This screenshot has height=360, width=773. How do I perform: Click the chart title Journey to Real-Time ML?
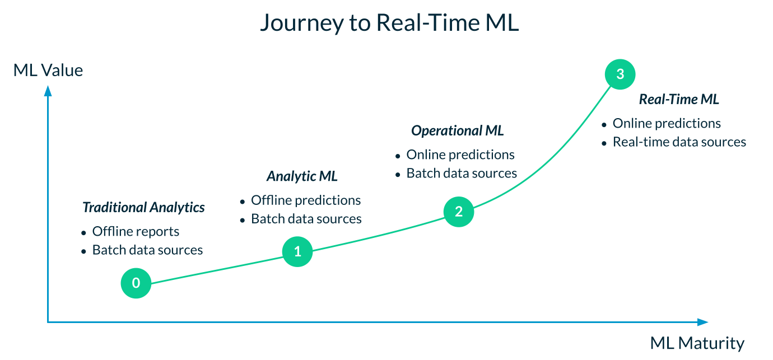click(x=389, y=23)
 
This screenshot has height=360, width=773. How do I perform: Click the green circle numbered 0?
click(x=136, y=283)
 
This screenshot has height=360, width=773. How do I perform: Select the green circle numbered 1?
click(x=297, y=252)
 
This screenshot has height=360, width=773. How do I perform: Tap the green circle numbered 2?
click(x=459, y=212)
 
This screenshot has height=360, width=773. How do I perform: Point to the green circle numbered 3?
click(x=620, y=74)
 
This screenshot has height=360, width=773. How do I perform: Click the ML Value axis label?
click(x=48, y=71)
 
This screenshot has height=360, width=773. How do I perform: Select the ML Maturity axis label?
click(x=697, y=343)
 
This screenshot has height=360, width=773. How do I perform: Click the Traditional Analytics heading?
click(x=143, y=208)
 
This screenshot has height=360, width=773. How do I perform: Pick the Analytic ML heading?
click(x=302, y=176)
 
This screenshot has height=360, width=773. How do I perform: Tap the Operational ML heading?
click(x=457, y=131)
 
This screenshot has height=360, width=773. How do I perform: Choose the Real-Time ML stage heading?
click(x=679, y=100)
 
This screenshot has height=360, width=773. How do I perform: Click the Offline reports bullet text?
click(x=136, y=231)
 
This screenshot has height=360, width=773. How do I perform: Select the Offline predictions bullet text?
click(x=305, y=200)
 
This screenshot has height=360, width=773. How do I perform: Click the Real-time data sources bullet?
click(x=679, y=142)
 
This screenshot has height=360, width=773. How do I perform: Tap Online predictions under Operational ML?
click(x=460, y=155)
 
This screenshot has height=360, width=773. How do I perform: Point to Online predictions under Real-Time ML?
click(x=667, y=123)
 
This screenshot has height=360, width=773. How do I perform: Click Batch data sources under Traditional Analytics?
click(x=147, y=250)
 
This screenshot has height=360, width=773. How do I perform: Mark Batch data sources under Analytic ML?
click(x=306, y=218)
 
